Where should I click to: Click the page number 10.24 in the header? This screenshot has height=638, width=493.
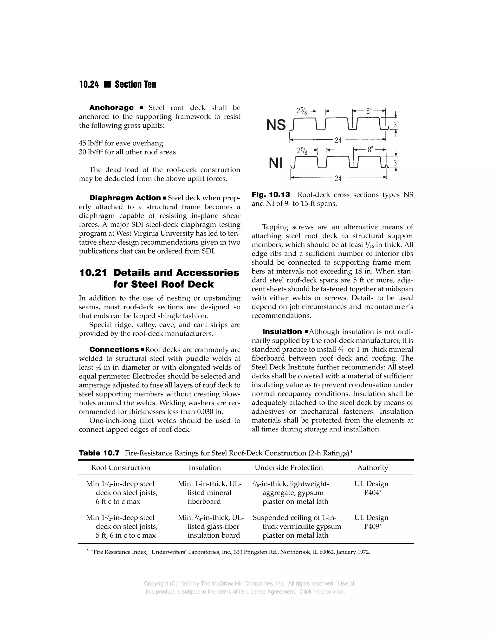point(89,85)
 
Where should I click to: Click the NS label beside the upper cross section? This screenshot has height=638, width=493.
point(276,125)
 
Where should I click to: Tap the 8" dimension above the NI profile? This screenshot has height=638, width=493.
point(370,150)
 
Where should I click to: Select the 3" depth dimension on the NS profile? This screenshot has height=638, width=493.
point(396,125)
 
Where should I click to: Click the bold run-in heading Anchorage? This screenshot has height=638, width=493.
point(111,108)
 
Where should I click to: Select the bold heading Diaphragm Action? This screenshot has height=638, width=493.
point(125,198)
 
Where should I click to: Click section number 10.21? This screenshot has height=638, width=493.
point(93,273)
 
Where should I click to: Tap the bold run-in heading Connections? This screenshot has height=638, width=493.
point(114,350)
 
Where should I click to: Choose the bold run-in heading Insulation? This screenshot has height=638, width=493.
point(282,332)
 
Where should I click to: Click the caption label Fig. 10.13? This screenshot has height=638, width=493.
point(271,195)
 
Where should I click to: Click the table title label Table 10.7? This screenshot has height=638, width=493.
point(99,453)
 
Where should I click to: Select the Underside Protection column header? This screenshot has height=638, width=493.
point(289,468)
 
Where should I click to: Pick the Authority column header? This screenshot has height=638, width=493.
point(372,468)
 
